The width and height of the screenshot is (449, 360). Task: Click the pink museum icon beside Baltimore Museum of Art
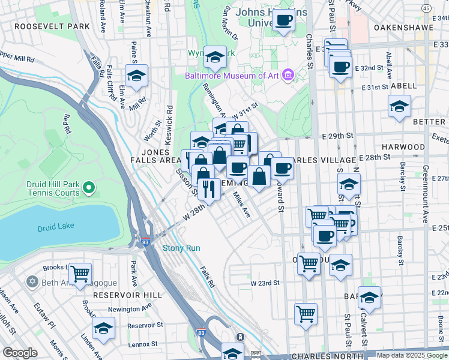(x=288, y=75)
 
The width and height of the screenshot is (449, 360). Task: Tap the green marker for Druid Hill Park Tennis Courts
(x=89, y=188)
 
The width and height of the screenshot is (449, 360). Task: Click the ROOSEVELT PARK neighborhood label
(x=52, y=27)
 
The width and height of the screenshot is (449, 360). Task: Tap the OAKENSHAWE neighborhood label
(x=403, y=28)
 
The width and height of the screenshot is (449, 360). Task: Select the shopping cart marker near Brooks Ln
(x=80, y=274)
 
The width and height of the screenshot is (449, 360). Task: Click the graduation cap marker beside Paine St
(x=136, y=76)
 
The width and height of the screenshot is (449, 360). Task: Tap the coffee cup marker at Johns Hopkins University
(x=283, y=20)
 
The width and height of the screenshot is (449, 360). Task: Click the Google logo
(x=20, y=353)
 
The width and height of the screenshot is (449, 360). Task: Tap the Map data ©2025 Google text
(x=412, y=355)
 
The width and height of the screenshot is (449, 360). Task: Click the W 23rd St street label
(x=265, y=283)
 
